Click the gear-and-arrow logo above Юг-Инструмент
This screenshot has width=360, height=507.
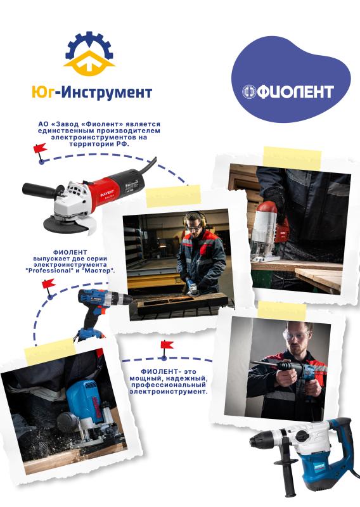[91, 55]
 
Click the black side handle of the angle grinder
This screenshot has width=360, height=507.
[41, 188]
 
